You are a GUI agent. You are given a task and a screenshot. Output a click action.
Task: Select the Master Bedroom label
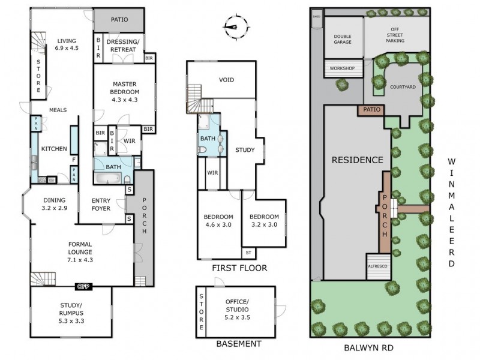pyautogui.click(x=125, y=92)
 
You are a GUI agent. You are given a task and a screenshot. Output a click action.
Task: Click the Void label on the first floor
pyautogui.click(x=226, y=80)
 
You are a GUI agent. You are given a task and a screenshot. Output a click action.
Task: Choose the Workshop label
pyautogui.click(x=342, y=68)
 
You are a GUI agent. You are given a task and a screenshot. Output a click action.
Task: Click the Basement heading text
pyautogui.click(x=238, y=344)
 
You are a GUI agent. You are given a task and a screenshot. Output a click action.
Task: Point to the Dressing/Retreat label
pyautogui.click(x=124, y=45)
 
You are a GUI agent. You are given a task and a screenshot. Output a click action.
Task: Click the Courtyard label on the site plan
pyautogui.click(x=403, y=86)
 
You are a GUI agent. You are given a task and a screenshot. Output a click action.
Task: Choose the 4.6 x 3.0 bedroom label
pyautogui.click(x=218, y=221)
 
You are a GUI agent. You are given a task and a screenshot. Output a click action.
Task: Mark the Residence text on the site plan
pyautogui.click(x=356, y=160)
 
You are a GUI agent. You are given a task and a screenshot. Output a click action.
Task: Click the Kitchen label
pyautogui.click(x=53, y=149)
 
